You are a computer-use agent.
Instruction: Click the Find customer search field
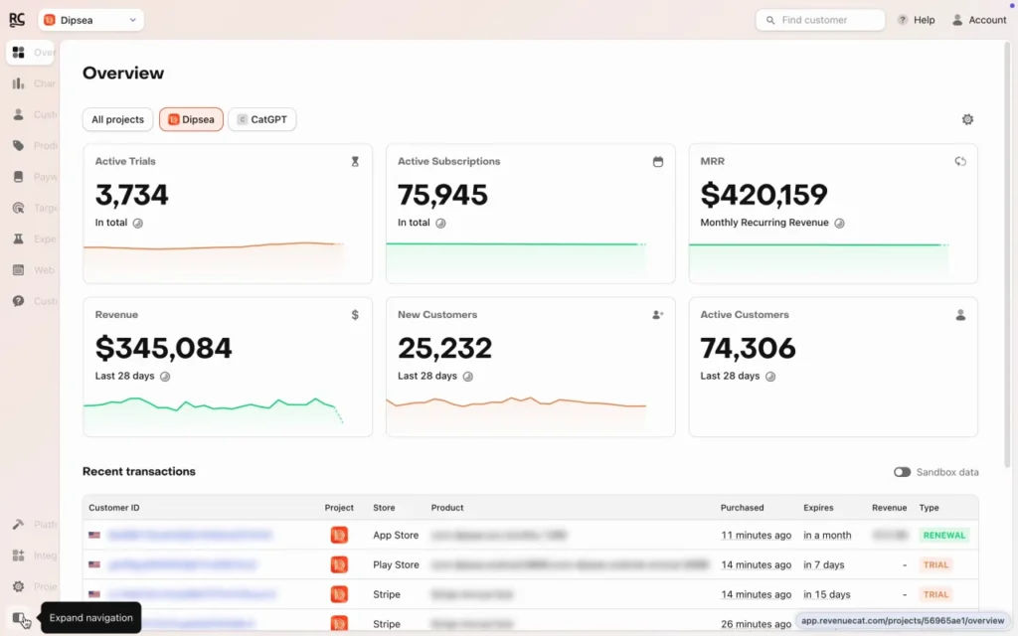click(820, 20)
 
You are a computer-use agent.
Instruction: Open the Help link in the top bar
click(916, 20)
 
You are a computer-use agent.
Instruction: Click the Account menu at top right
click(979, 20)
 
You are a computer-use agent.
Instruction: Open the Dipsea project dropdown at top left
click(91, 20)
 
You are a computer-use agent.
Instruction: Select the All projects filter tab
click(117, 119)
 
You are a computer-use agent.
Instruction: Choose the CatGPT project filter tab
click(262, 119)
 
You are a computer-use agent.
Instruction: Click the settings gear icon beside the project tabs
click(967, 119)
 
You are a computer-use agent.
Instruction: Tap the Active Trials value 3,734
click(132, 195)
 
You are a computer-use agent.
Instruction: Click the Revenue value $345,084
click(164, 348)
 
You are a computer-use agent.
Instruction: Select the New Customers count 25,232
click(444, 348)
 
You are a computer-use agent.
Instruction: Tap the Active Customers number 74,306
click(748, 348)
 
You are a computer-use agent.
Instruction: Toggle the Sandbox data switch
click(902, 472)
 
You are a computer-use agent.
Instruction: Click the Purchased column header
click(742, 508)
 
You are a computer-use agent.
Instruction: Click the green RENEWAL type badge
click(943, 535)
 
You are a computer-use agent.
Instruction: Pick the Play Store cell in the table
click(396, 564)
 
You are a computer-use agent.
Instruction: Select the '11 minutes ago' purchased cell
click(756, 535)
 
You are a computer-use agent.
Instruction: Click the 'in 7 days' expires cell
click(823, 564)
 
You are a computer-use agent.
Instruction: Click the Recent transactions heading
click(139, 472)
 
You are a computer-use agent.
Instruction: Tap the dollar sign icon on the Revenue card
click(355, 315)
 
